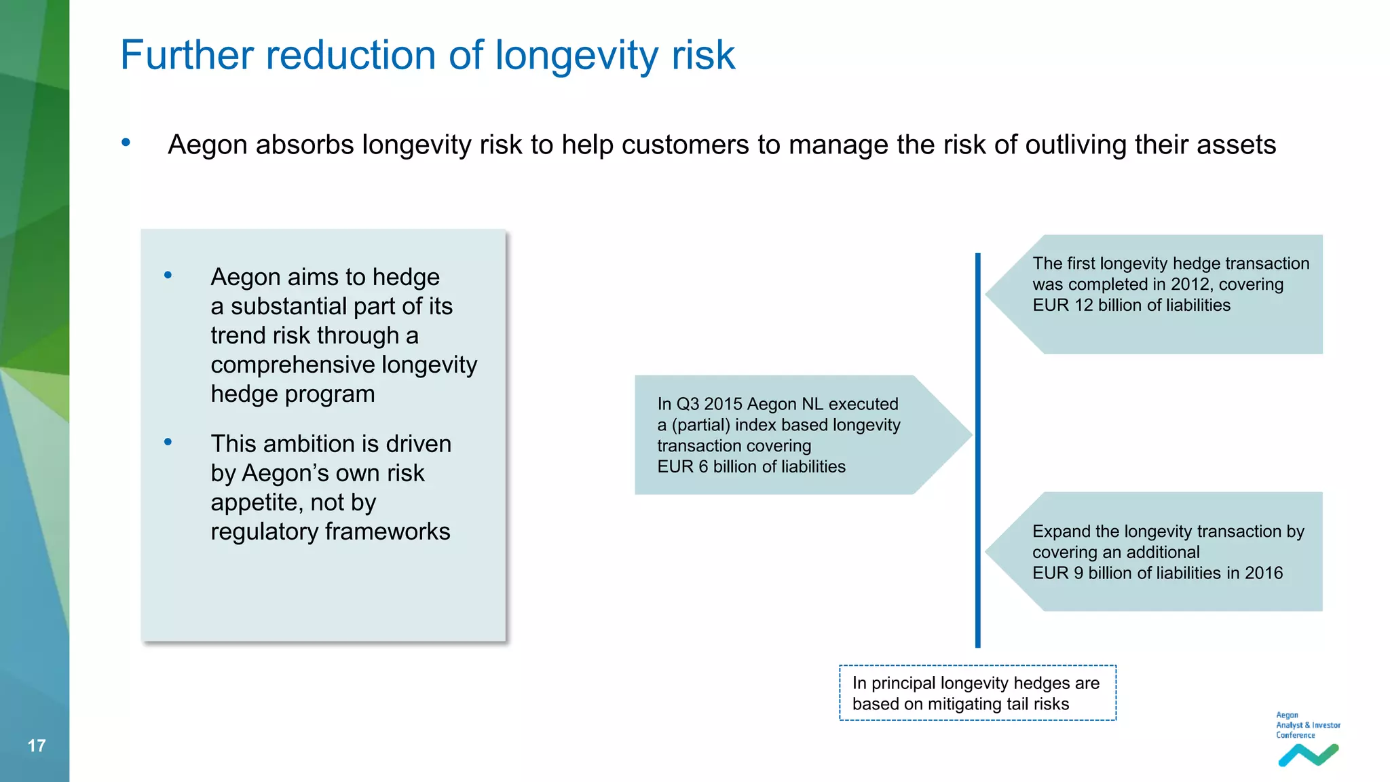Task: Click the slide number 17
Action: pyautogui.click(x=37, y=746)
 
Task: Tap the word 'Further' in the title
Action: pyautogui.click(x=187, y=56)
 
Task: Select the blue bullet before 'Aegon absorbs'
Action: pyautogui.click(x=126, y=143)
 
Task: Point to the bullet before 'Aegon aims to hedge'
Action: pyautogui.click(x=168, y=275)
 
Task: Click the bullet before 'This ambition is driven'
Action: pyautogui.click(x=168, y=442)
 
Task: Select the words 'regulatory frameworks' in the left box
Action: pyautogui.click(x=330, y=532)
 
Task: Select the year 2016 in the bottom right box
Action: pyautogui.click(x=1263, y=574)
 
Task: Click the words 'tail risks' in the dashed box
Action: pyautogui.click(x=1037, y=705)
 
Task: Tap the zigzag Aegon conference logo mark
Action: pyautogui.click(x=1308, y=755)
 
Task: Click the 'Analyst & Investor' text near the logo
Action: pyautogui.click(x=1308, y=725)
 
